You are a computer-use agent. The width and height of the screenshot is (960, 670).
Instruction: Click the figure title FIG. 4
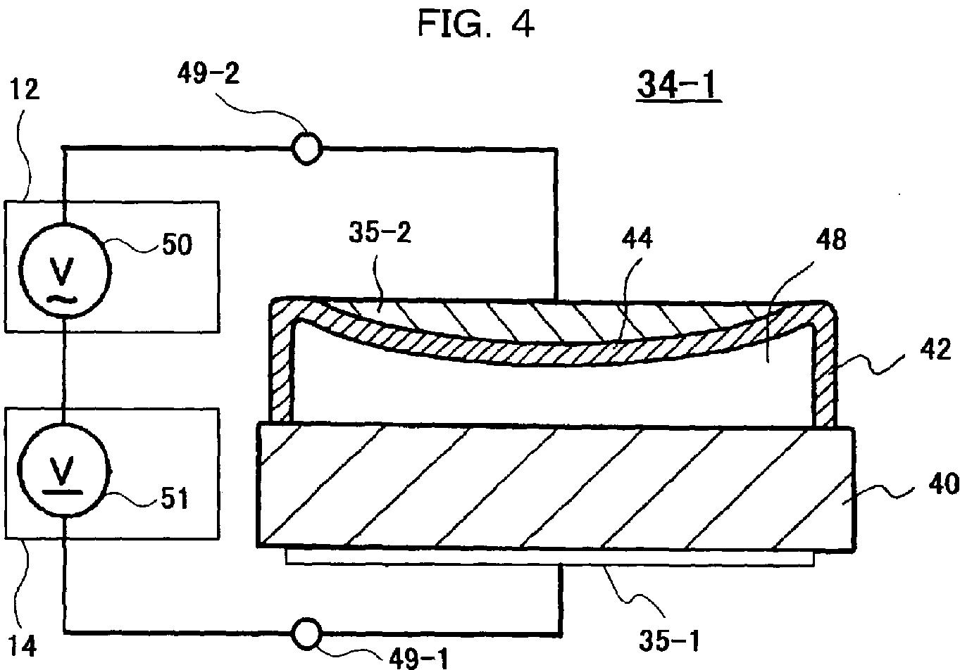pos(476,24)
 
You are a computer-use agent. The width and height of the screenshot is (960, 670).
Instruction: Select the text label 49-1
pos(416,657)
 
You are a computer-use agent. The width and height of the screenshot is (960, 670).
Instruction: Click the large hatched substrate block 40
pos(556,486)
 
